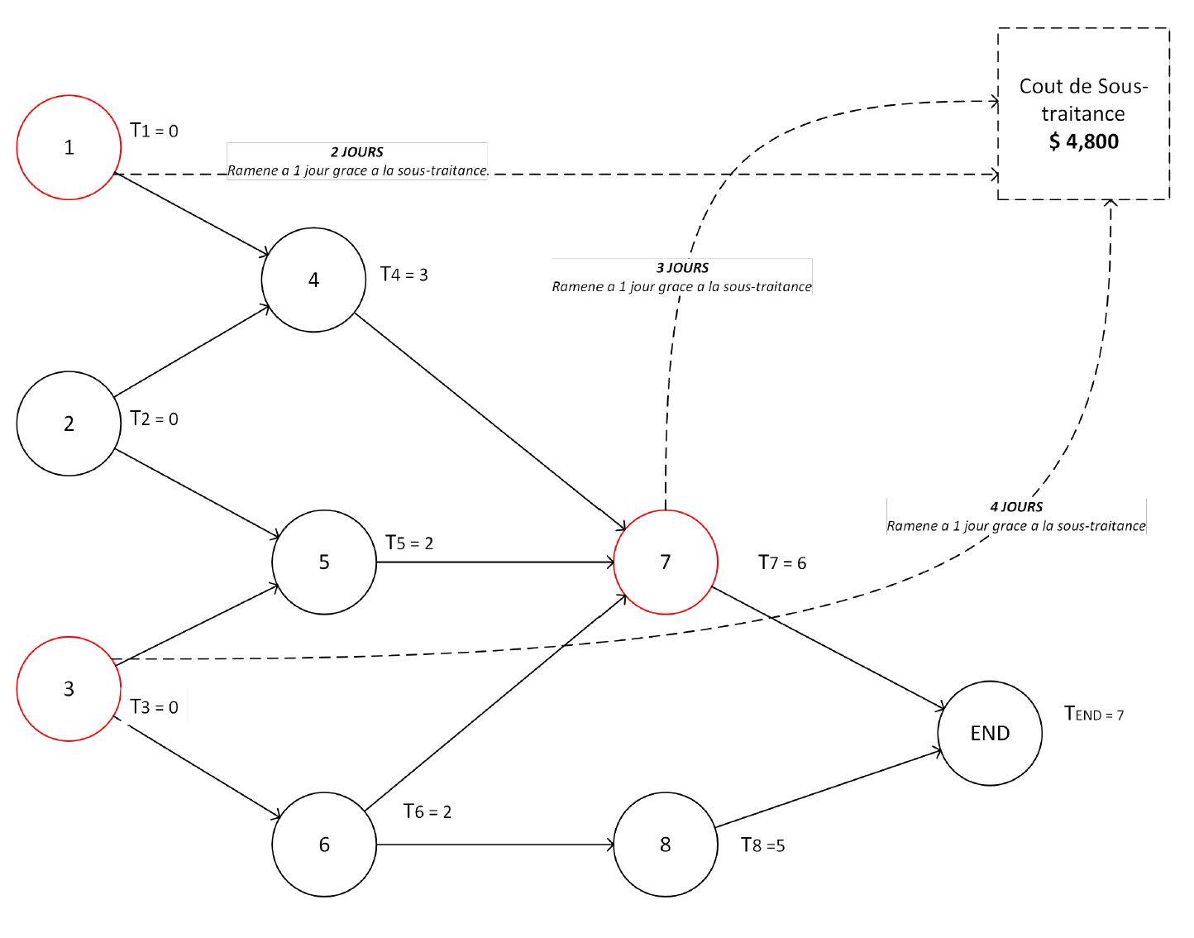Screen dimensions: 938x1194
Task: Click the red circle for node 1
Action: (69, 147)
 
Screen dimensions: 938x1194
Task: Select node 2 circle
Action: (69, 424)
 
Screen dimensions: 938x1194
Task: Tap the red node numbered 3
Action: (69, 689)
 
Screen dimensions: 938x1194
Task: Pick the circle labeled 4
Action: (313, 280)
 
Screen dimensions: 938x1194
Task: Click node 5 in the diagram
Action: (324, 562)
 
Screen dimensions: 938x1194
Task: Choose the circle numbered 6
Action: (324, 845)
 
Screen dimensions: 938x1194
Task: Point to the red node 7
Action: (666, 562)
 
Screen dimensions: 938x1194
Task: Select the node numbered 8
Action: (666, 845)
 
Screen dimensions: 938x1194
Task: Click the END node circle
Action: (990, 734)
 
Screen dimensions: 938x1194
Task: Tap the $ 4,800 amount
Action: (1083, 141)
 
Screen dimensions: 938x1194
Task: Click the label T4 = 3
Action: (404, 275)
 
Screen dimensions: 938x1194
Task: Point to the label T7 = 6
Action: (781, 563)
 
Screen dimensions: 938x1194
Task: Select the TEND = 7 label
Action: (1093, 714)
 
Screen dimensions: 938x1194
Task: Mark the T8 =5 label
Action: (762, 845)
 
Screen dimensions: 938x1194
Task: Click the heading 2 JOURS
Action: (357, 152)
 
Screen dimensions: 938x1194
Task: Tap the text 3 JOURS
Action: (682, 268)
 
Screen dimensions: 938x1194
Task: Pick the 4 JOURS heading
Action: (1016, 507)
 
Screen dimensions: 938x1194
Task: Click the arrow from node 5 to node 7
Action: (496, 562)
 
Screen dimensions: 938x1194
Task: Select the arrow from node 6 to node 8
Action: (496, 845)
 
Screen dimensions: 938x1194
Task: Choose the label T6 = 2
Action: (427, 812)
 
